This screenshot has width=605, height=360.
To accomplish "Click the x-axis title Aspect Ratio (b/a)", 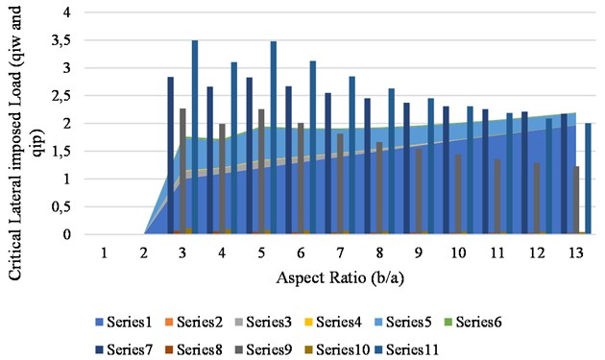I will tap(337, 277).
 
